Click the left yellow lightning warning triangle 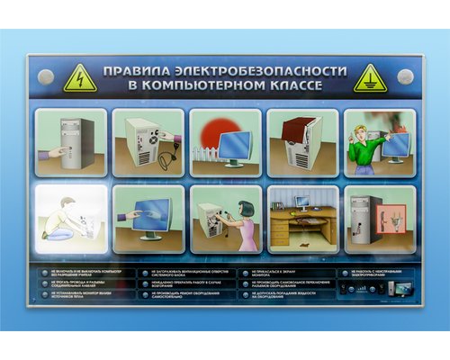point(80,78)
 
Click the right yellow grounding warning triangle point(369,78)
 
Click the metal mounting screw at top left point(47,76)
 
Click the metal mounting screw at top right point(404,76)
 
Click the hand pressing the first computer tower point(55,152)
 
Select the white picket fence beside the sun point(204,154)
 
